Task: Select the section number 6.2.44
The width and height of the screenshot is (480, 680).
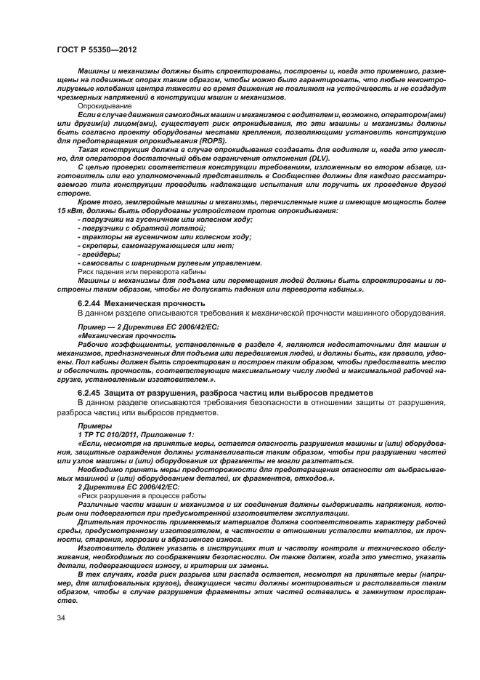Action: (x=89, y=303)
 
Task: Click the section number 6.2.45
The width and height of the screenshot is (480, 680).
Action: (x=89, y=393)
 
